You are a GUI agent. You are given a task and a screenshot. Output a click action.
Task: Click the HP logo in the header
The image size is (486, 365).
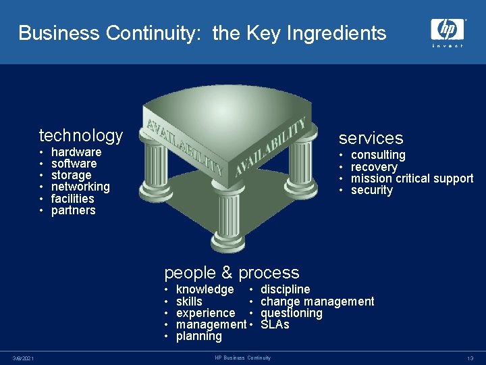click(x=448, y=31)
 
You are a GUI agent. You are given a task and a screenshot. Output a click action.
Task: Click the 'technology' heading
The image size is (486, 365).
click(x=81, y=136)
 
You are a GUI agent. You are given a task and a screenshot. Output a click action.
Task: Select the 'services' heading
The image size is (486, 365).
click(x=371, y=139)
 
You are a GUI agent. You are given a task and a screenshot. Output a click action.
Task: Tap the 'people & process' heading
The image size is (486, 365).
click(x=232, y=273)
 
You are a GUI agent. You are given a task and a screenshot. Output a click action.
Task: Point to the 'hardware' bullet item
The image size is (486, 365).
click(x=76, y=152)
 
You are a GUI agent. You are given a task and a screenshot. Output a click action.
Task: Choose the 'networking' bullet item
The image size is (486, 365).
click(x=80, y=187)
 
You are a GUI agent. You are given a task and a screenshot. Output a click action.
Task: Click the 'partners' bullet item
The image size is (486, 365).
click(x=74, y=210)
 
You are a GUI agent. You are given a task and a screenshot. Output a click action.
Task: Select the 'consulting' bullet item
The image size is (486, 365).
click(x=378, y=155)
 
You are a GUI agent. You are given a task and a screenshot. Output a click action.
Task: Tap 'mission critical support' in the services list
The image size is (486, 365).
click(x=412, y=178)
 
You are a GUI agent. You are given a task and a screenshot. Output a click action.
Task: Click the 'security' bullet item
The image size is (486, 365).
click(x=371, y=190)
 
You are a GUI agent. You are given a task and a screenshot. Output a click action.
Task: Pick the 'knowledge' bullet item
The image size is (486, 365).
click(x=205, y=290)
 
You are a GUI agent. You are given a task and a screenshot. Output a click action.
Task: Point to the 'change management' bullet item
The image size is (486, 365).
click(x=317, y=301)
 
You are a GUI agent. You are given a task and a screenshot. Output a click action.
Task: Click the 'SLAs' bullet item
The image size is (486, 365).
click(x=275, y=324)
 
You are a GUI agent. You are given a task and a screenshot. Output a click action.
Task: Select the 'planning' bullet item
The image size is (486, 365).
click(x=198, y=336)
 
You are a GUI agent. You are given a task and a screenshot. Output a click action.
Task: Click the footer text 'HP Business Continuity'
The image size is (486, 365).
click(x=242, y=358)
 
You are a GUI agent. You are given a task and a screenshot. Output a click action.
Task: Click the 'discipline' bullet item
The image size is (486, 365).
click(x=285, y=290)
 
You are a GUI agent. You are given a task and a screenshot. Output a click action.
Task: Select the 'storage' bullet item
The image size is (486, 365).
click(x=71, y=175)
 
